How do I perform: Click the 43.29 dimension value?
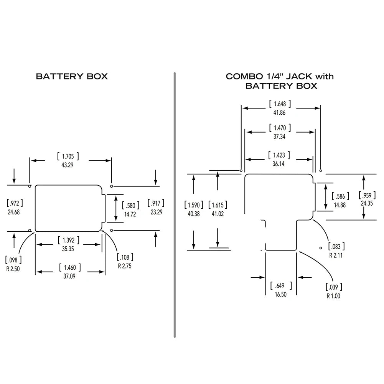pyautogui.click(x=68, y=165)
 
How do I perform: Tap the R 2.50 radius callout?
pyautogui.click(x=13, y=268)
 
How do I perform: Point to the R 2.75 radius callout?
pyautogui.click(x=124, y=265)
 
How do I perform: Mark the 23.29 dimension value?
pyautogui.click(x=156, y=211)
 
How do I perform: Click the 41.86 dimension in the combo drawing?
pyautogui.click(x=279, y=112)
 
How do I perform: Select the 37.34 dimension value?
pyautogui.click(x=279, y=136)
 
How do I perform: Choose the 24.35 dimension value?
pyautogui.click(x=367, y=203)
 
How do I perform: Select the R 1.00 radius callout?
pyautogui.click(x=333, y=296)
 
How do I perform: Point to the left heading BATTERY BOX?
pyautogui.click(x=72, y=76)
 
